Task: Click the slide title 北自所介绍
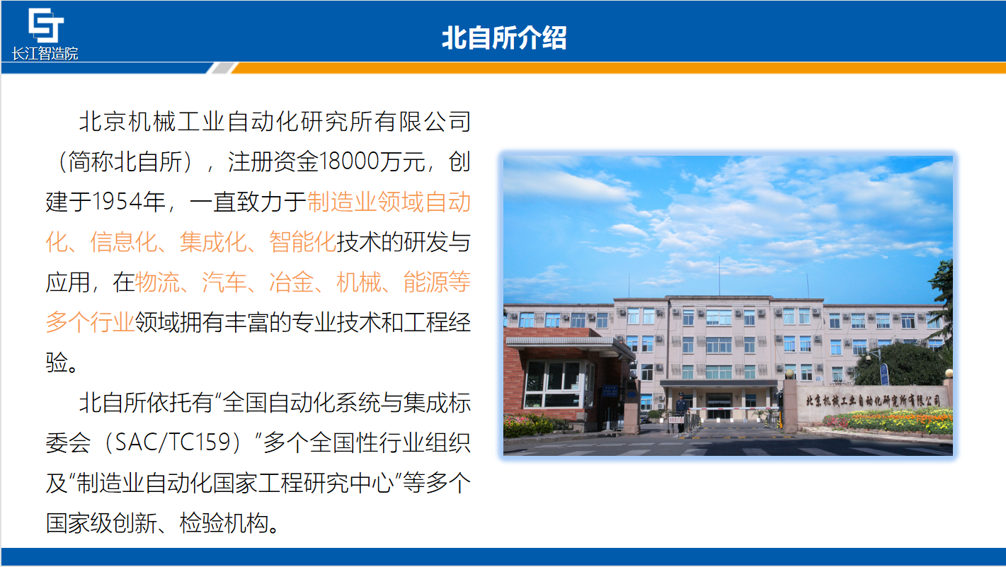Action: (504, 38)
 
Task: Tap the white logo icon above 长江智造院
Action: (46, 25)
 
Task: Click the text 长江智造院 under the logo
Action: (45, 54)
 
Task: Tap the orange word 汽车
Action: (224, 282)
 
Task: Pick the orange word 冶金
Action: (292, 282)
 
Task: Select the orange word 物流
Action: (157, 282)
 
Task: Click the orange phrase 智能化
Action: (302, 242)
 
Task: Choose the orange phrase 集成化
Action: (213, 242)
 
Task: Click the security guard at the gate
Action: (681, 409)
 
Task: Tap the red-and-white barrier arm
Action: (732, 408)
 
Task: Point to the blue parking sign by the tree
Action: (884, 374)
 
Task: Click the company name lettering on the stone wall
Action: (873, 401)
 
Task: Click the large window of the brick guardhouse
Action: (556, 382)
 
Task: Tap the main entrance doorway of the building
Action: (718, 406)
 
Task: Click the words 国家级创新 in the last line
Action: (101, 523)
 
